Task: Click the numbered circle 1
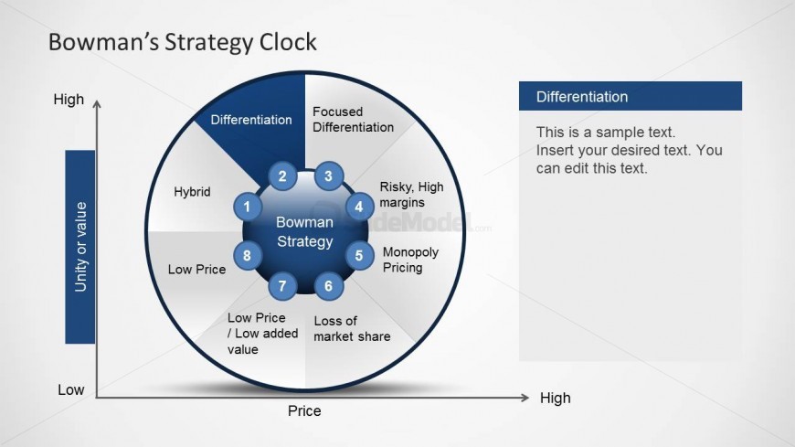[x=248, y=207]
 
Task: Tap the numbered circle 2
[x=282, y=176]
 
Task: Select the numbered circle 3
[x=329, y=176]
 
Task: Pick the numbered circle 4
[x=359, y=207]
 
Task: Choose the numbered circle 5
[x=359, y=255]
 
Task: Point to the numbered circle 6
[x=329, y=285]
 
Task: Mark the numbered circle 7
[x=282, y=285]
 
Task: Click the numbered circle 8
[x=248, y=255]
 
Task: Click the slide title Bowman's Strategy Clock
[x=183, y=42]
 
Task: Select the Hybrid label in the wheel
[x=192, y=192]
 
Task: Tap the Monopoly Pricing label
[x=410, y=260]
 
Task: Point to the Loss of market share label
[x=352, y=329]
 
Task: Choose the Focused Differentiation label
[x=353, y=119]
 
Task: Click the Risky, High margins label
[x=412, y=195]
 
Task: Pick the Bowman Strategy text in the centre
[x=304, y=232]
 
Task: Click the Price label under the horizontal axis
[x=304, y=410]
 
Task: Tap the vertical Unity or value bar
[x=80, y=247]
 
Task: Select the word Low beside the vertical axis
[x=70, y=389]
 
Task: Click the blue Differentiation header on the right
[x=631, y=96]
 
